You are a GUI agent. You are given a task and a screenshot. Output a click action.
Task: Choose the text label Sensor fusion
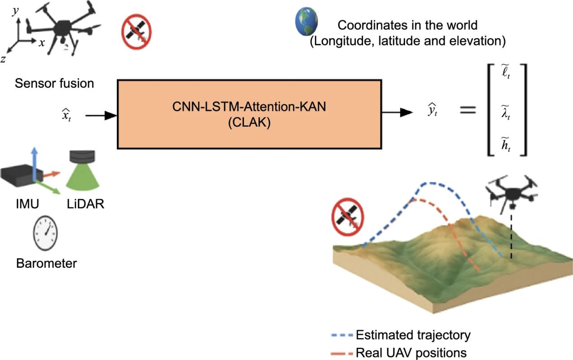click(x=54, y=84)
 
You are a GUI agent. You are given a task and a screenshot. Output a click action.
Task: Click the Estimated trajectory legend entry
click(x=413, y=335)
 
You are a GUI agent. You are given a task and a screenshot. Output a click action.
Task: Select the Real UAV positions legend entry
click(x=411, y=352)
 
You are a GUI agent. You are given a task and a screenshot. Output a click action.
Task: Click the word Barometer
click(x=46, y=263)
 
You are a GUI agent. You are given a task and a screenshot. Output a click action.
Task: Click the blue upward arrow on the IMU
click(x=33, y=158)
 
